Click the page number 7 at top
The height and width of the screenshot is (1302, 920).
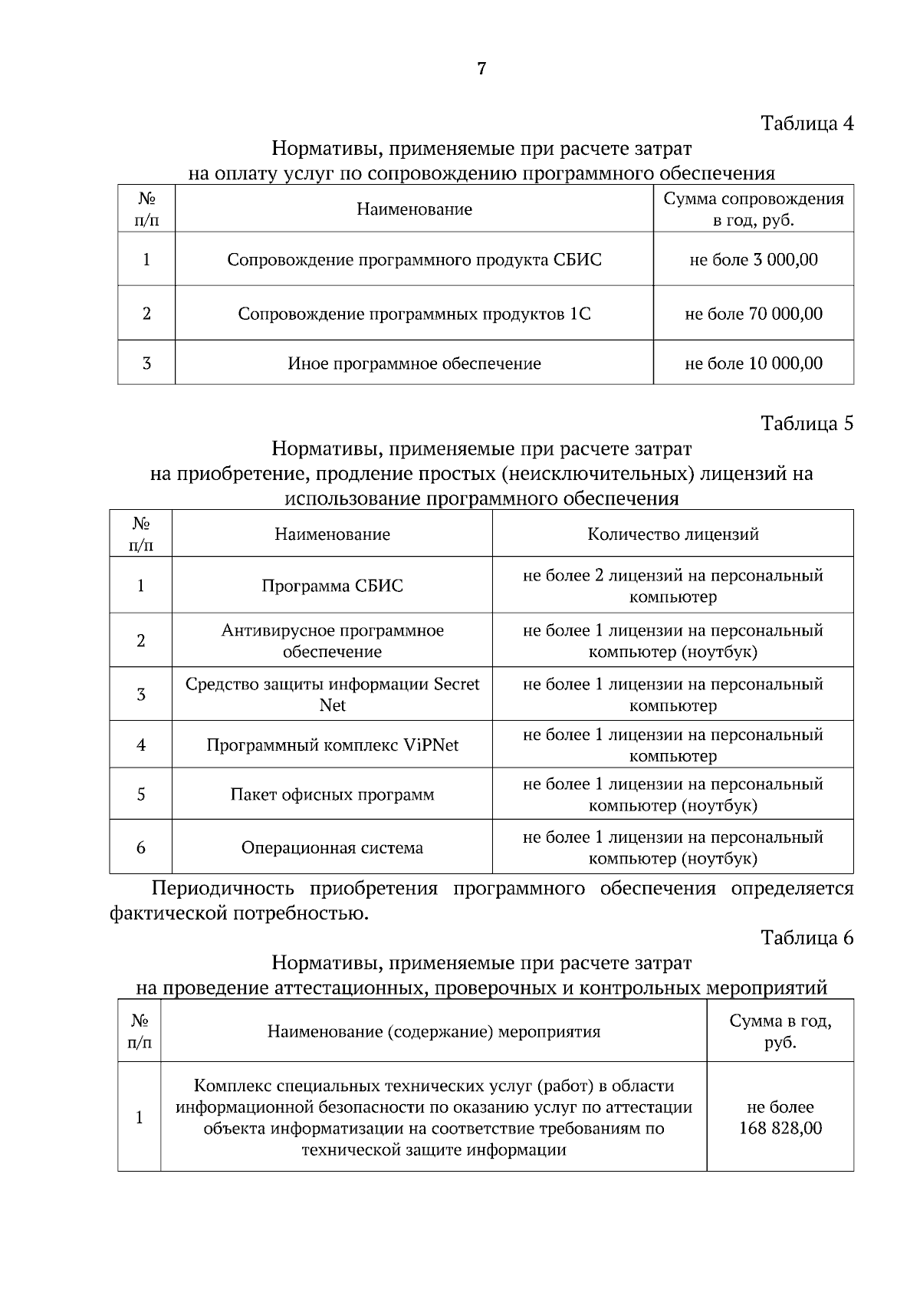pos(481,69)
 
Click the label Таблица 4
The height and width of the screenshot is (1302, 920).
pos(807,123)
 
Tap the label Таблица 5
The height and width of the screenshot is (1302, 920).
pos(807,423)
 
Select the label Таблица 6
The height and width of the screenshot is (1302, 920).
pos(807,938)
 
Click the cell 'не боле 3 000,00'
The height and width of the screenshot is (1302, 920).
pos(753,260)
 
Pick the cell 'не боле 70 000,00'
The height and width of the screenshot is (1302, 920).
pos(753,314)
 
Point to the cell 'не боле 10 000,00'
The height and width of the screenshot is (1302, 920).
pos(753,363)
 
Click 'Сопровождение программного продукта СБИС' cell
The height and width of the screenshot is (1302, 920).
pos(414,260)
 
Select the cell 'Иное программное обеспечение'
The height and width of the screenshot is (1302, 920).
pos(414,363)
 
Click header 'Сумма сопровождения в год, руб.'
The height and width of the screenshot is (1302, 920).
pos(753,209)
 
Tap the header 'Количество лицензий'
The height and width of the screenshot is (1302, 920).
pos(672,534)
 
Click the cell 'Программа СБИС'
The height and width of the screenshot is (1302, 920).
pos(332,586)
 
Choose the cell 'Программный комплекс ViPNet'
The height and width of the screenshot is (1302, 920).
pos(332,745)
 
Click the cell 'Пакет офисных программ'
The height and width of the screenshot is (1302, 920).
pos(332,794)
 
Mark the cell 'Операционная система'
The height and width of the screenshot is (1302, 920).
pos(332,848)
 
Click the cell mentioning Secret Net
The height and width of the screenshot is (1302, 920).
pos(332,694)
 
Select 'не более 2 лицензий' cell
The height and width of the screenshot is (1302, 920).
pos(672,586)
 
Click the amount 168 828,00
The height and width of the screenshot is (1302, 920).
pos(780,1128)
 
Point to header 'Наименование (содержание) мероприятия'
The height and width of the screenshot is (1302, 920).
pos(433,1031)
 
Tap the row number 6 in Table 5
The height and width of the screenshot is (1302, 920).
pos(141,848)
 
